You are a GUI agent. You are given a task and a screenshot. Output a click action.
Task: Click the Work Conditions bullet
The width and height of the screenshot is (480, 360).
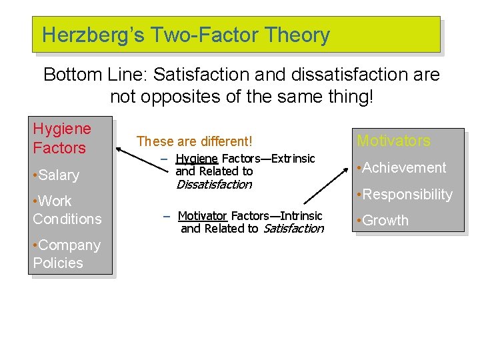click(x=67, y=210)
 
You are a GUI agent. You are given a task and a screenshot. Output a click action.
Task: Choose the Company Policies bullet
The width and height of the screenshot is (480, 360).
click(x=66, y=254)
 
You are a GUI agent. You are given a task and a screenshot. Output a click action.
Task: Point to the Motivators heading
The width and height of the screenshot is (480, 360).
click(x=393, y=141)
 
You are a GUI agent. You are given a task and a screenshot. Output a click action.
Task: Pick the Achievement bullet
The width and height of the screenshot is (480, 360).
click(x=401, y=168)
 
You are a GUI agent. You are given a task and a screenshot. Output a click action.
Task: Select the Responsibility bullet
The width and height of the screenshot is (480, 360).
click(x=405, y=195)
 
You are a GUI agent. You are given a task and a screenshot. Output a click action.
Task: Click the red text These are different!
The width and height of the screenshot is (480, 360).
click(x=194, y=141)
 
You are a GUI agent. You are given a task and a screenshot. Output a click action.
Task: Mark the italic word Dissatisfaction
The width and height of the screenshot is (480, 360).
click(x=213, y=185)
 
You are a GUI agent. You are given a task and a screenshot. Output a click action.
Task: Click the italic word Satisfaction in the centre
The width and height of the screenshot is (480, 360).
click(x=293, y=229)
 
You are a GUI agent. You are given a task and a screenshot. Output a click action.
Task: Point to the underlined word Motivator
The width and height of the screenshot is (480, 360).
click(x=203, y=216)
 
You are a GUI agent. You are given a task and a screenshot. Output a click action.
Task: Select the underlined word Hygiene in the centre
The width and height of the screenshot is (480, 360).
click(x=197, y=159)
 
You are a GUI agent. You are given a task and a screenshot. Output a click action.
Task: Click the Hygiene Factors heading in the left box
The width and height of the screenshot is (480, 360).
click(x=62, y=138)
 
